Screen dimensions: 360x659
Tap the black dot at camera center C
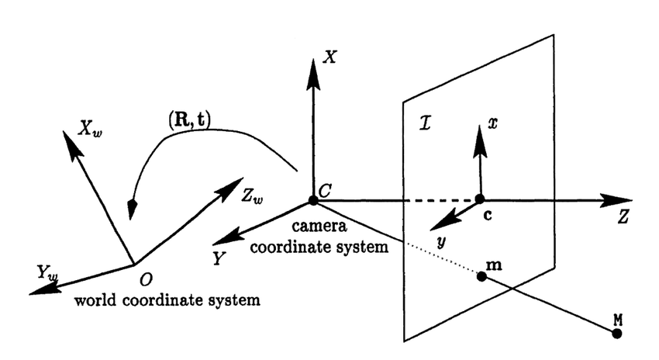312,200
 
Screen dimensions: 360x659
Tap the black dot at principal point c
481,200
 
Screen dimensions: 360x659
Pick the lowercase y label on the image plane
440,243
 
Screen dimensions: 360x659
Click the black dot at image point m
481,277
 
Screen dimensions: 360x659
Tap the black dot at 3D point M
617,334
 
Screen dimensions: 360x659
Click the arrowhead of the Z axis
607,200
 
